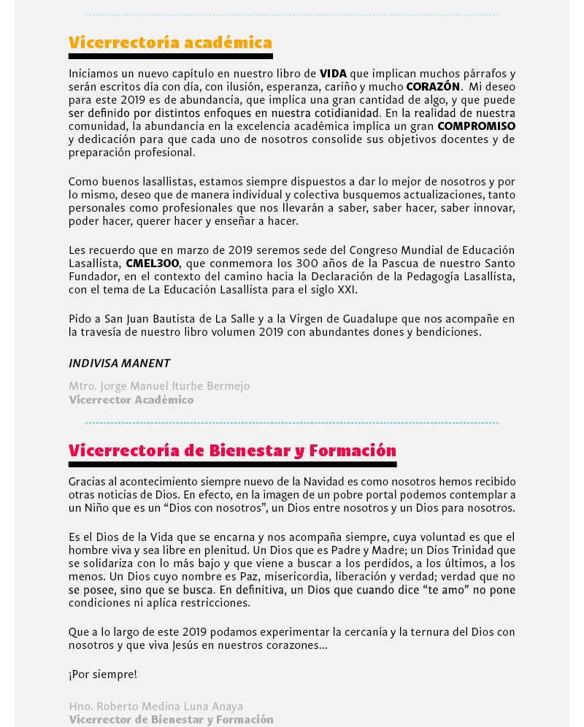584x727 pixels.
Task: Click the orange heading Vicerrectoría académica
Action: (170, 42)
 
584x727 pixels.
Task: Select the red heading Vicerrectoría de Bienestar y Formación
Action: (232, 450)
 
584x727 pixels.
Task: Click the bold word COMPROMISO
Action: (476, 126)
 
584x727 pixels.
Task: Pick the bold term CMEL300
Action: (152, 264)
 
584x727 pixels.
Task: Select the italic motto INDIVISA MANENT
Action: (119, 363)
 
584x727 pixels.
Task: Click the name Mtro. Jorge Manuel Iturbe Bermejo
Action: (159, 386)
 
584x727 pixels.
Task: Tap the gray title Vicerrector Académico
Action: (131, 400)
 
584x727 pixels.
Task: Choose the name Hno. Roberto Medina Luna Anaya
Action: (156, 707)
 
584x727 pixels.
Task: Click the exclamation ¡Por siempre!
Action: (103, 674)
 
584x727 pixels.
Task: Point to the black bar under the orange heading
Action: (170, 56)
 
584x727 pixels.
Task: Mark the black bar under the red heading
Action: (232, 464)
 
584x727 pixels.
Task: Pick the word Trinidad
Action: (466, 550)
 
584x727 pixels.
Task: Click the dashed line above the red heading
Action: (292, 423)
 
